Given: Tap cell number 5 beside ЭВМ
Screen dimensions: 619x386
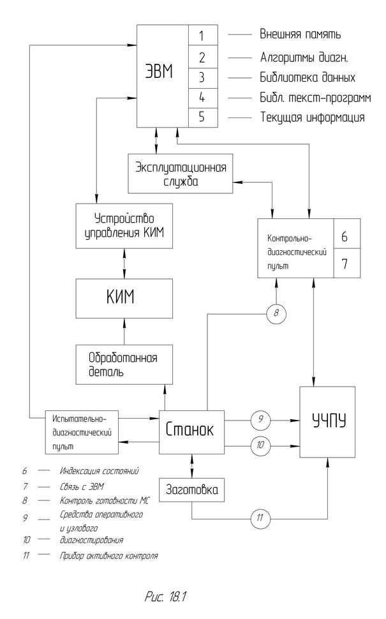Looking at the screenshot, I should (x=202, y=118).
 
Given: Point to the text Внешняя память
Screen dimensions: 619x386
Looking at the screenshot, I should (x=299, y=34).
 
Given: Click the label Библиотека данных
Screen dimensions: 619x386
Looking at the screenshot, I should (x=307, y=77).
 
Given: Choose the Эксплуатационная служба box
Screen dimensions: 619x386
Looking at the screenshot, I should (x=181, y=173).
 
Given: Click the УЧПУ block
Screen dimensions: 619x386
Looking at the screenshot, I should (x=327, y=422).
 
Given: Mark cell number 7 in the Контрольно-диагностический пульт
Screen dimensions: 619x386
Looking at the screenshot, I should (x=347, y=263).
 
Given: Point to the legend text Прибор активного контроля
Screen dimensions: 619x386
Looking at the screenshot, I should (x=109, y=555).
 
